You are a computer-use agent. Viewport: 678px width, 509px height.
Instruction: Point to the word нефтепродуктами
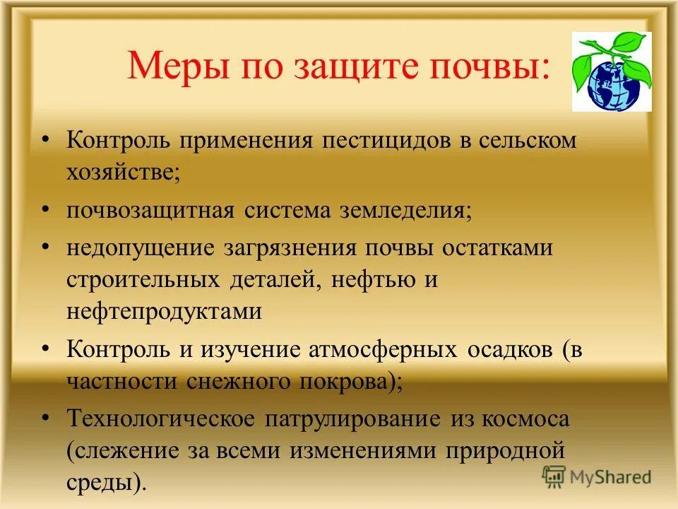click(x=165, y=312)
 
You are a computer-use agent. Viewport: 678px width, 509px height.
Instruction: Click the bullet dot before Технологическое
click(x=45, y=418)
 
